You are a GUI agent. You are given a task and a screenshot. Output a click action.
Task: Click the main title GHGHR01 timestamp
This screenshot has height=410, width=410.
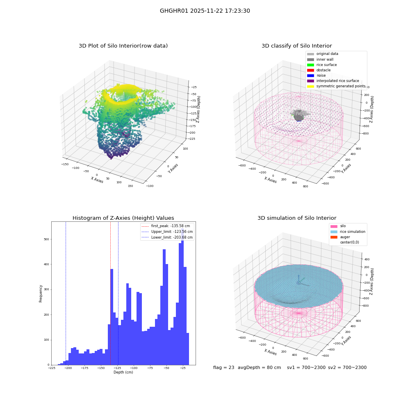pos(205,11)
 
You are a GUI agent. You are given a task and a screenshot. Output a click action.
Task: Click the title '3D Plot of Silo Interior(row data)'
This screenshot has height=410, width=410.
pos(123,46)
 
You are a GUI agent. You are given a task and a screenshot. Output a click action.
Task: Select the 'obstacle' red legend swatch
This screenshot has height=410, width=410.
pos(310,70)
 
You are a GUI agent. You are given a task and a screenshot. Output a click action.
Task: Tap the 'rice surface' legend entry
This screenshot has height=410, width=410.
pos(322,65)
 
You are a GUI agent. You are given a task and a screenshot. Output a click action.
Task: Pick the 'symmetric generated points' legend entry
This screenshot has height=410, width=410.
pos(336,86)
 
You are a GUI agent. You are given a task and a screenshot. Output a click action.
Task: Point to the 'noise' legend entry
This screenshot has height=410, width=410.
pos(316,75)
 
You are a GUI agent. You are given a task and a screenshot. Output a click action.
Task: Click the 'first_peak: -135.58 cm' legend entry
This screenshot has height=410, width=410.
pos(166,226)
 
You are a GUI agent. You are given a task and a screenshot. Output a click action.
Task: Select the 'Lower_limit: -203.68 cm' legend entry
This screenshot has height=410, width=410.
pos(167,237)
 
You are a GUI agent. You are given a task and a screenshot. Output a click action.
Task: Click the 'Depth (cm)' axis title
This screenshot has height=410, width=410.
pos(123,372)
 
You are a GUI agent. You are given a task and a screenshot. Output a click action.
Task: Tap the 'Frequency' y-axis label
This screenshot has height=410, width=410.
pos(41,294)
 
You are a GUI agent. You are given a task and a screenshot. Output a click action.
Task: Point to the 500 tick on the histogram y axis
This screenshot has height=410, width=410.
pos(46,239)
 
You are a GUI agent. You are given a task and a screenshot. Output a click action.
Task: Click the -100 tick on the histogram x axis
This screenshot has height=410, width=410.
pos(134,368)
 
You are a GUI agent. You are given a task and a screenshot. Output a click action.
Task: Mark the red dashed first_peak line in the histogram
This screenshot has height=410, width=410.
pos(110,294)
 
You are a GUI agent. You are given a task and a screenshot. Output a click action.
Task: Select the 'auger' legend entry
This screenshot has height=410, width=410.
pos(340,237)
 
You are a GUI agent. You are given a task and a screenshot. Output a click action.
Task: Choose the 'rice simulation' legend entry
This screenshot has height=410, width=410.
pos(348,232)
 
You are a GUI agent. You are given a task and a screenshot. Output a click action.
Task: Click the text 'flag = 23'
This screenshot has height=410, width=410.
pos(223,367)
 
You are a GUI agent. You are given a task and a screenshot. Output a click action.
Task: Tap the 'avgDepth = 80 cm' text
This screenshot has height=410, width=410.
pos(259,367)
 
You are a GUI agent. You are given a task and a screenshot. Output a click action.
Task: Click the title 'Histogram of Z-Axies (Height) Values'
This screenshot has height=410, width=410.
pos(123,218)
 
